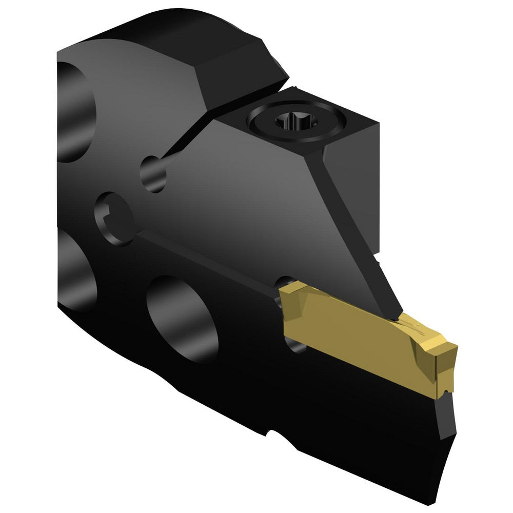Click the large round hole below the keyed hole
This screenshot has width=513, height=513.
coord(182,318)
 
